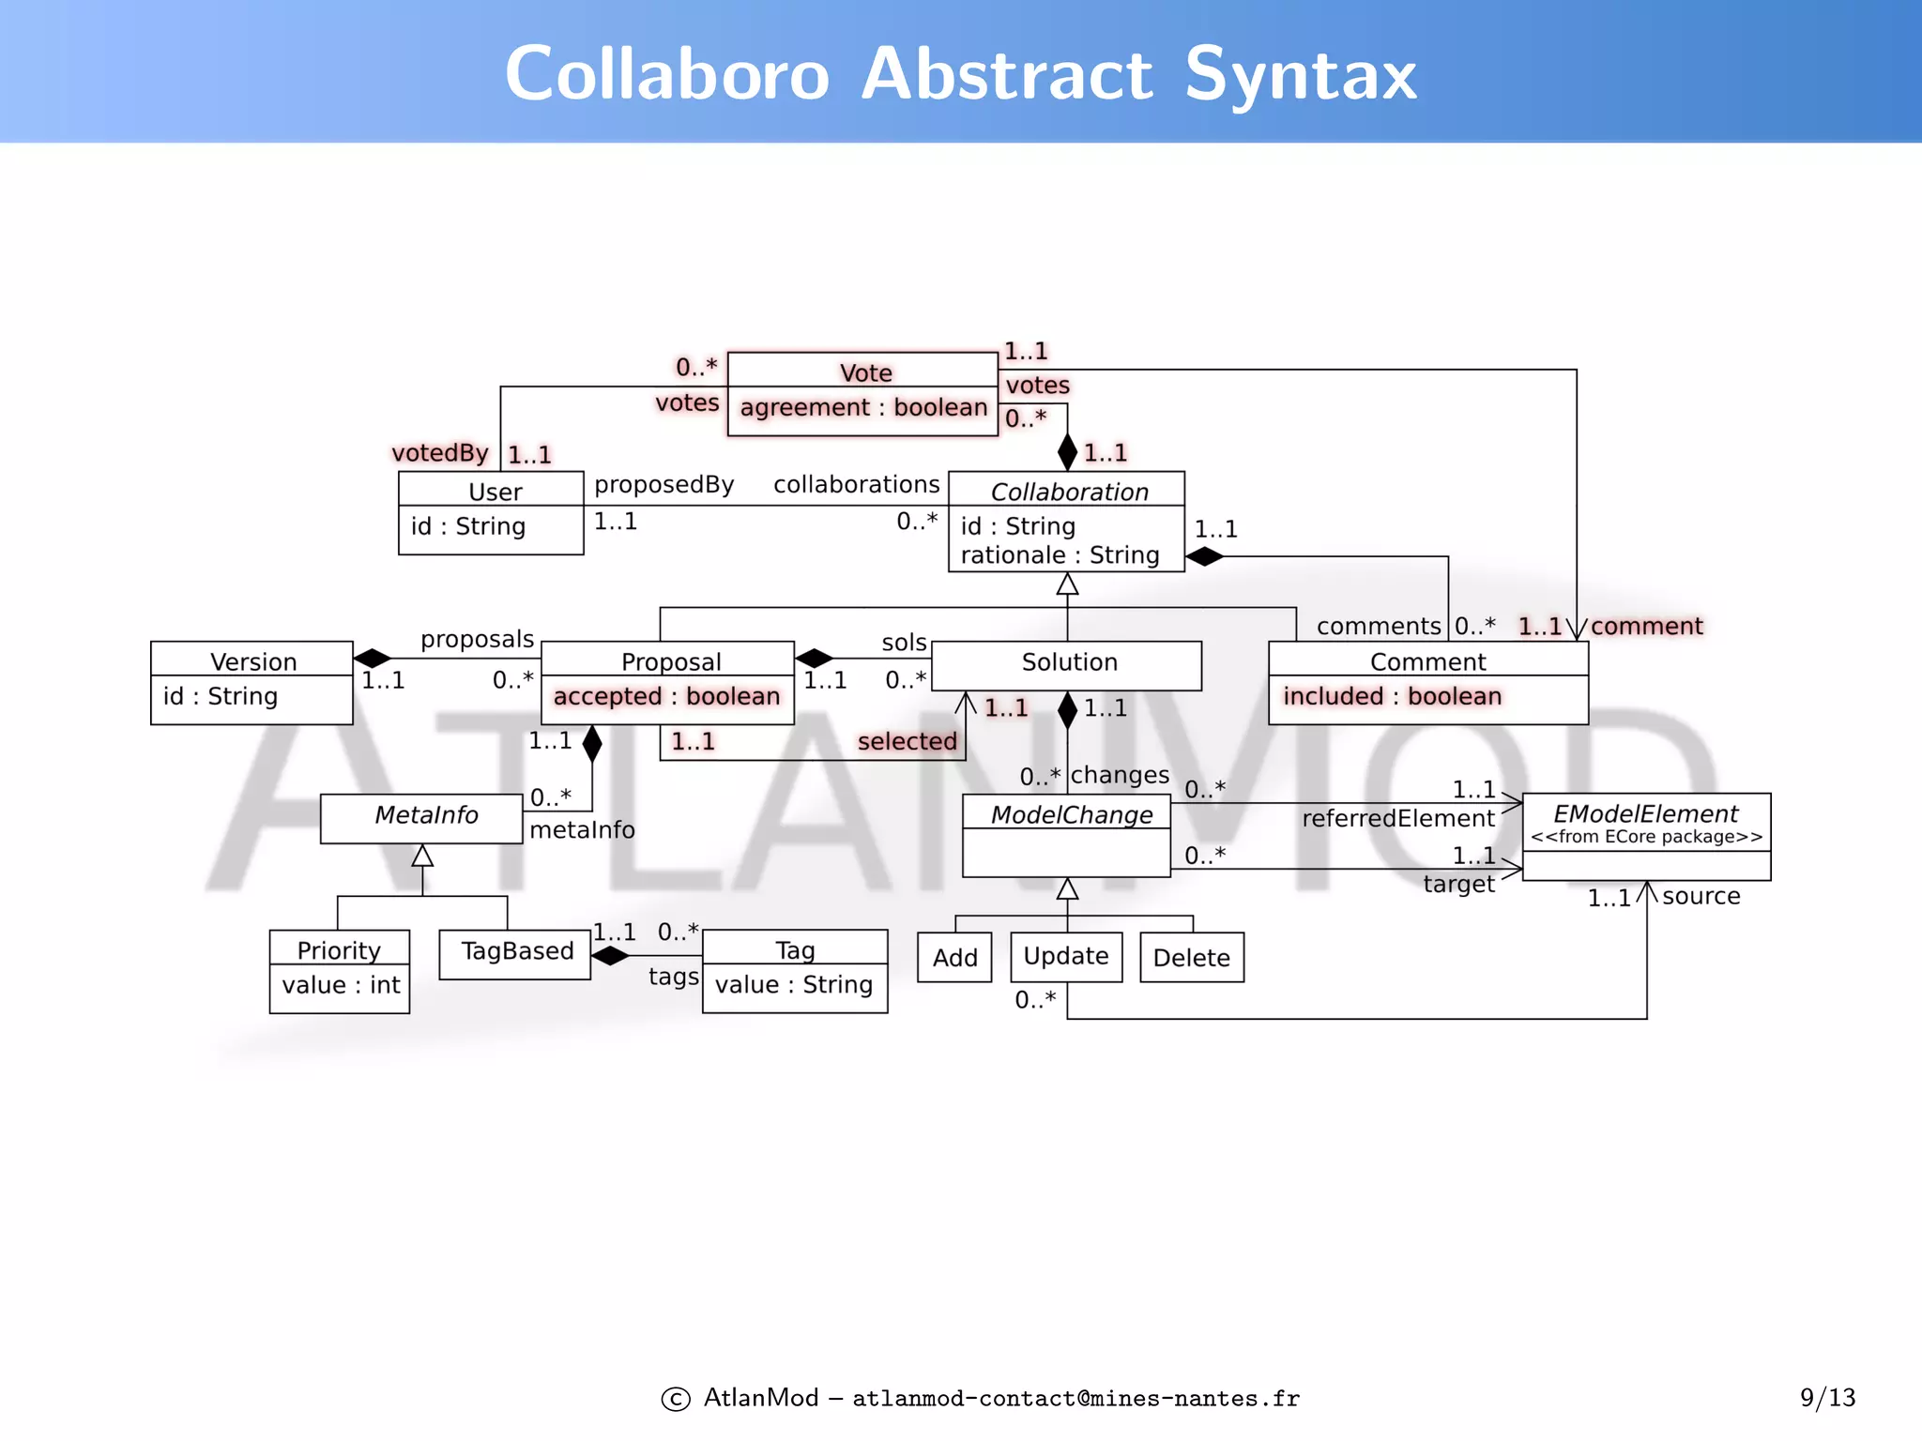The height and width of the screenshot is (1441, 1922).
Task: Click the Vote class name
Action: [864, 372]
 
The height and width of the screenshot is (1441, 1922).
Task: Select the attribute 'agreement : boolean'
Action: [863, 407]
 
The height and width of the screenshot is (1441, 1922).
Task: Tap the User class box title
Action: [494, 492]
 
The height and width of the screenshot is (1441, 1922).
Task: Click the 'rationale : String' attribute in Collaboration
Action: [1060, 555]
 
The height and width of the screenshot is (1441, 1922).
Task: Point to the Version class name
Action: [252, 661]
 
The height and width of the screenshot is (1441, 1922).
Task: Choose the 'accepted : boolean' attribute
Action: [666, 696]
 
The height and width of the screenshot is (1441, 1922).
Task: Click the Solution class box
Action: [1068, 663]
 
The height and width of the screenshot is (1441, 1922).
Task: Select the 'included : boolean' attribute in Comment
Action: [1392, 696]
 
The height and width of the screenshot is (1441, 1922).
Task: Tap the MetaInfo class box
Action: [424, 816]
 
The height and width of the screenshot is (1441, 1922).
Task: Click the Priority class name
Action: [338, 950]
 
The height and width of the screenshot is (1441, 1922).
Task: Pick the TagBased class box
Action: [516, 952]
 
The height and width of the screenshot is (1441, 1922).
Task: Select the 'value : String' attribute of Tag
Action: [793, 985]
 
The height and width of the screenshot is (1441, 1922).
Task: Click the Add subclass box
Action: [954, 958]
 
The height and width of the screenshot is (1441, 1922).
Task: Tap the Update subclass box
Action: [1066, 957]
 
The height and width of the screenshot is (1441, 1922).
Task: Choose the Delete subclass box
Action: [1191, 958]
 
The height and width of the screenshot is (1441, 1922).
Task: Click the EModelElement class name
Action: [1645, 813]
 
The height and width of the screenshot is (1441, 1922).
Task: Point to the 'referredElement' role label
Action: [1397, 819]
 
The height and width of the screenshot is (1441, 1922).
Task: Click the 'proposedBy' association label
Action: [664, 485]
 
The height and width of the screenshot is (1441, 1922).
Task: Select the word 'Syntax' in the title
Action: [1301, 75]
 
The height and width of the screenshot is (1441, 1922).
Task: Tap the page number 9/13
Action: [1826, 1398]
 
